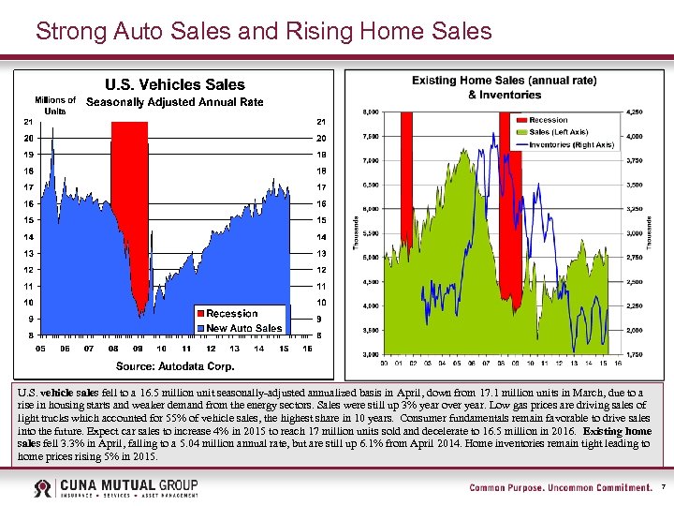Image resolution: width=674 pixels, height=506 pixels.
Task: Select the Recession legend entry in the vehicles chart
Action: pyautogui.click(x=231, y=313)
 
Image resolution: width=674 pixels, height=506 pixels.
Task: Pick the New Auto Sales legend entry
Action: pyautogui.click(x=243, y=328)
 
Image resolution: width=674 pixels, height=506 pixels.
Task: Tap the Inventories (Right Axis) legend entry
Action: pyautogui.click(x=571, y=144)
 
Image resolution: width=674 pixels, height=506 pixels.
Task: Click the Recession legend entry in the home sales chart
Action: pyautogui.click(x=548, y=120)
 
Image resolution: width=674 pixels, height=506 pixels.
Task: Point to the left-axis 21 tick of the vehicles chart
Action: pyautogui.click(x=29, y=122)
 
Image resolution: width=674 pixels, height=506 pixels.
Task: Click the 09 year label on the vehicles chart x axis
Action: pyautogui.click(x=138, y=349)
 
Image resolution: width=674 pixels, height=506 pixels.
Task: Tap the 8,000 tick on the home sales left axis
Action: pyautogui.click(x=371, y=112)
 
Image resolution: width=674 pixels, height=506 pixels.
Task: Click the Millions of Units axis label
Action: pyautogui.click(x=55, y=105)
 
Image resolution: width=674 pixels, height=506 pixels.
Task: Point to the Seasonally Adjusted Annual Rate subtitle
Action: pyautogui.click(x=175, y=102)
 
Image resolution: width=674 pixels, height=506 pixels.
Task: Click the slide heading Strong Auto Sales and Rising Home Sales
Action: pyautogui.click(x=263, y=32)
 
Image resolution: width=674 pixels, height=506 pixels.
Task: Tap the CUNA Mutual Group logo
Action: pyautogui.click(x=115, y=487)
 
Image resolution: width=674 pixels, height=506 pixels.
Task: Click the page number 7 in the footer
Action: pyautogui.click(x=663, y=487)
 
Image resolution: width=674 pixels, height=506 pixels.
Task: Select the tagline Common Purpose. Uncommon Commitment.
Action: pyautogui.click(x=560, y=487)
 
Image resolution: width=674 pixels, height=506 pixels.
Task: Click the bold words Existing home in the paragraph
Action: pyautogui.click(x=617, y=430)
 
